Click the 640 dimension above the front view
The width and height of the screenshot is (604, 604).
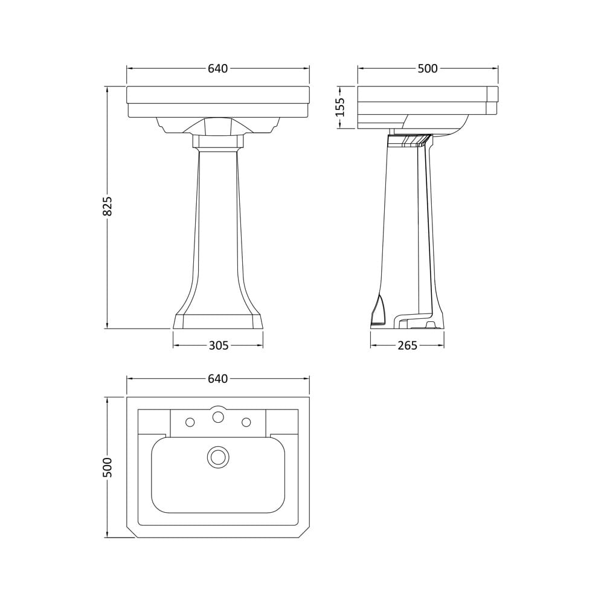pos(217,69)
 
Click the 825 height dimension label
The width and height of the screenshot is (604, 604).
pos(108,206)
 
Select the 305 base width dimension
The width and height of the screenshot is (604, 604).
pos(218,345)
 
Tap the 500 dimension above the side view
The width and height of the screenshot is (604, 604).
pos(428,69)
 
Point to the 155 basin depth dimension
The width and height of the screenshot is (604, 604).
pos(340,107)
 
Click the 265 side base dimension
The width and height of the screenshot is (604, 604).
pos(407,345)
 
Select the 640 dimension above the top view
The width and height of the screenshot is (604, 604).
pos(217,379)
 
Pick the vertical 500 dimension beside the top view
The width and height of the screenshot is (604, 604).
pos(108,467)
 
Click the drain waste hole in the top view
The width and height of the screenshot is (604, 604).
pos(218,457)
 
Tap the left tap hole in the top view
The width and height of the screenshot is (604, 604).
pos(190,422)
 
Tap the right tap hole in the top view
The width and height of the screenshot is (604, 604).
pos(246,422)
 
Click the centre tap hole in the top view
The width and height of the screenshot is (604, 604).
pos(218,416)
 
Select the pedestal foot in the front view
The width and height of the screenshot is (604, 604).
pos(218,321)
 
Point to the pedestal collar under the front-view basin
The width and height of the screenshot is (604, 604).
pos(218,142)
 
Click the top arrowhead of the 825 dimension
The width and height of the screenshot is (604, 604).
pos(108,89)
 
